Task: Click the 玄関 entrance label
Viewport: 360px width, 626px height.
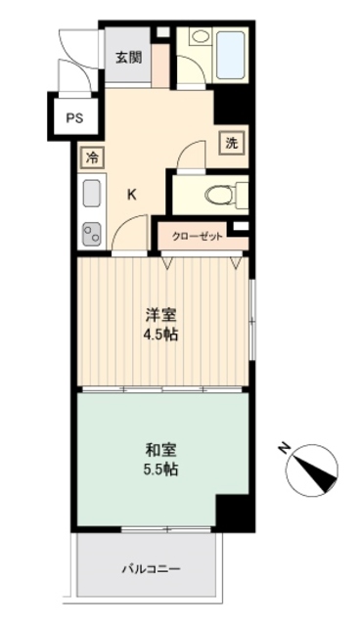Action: point(128,57)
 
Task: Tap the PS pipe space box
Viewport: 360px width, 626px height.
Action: point(74,118)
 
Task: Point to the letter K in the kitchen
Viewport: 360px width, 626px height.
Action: point(132,193)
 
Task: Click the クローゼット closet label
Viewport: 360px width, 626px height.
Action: point(196,236)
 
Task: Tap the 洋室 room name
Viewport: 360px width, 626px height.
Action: point(161,315)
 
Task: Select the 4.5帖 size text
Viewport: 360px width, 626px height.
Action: point(161,335)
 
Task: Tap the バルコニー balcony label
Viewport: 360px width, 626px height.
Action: point(152,568)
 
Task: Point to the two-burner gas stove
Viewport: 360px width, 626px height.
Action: point(92,234)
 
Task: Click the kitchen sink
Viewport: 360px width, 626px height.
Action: point(92,194)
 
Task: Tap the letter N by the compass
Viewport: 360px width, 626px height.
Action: point(284,450)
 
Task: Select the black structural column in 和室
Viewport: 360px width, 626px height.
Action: point(233,512)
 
